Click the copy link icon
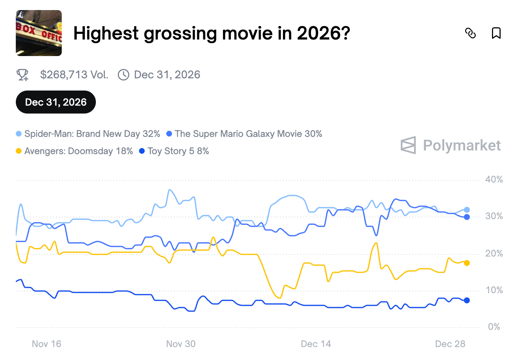(470, 33)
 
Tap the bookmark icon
(496, 33)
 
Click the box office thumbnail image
(39, 33)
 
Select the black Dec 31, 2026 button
(56, 102)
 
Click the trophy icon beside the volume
(23, 75)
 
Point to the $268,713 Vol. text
(74, 75)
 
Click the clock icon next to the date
(124, 75)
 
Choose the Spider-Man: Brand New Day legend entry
(88, 134)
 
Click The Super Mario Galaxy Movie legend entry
(244, 134)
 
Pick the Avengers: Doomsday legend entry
(75, 151)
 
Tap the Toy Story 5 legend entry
(174, 151)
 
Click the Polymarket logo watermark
(451, 146)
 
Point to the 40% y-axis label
(494, 180)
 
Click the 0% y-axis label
(494, 327)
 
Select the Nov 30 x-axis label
(181, 344)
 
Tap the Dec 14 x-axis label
(316, 344)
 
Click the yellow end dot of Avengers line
(467, 263)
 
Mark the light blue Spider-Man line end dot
(467, 210)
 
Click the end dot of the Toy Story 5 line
(467, 300)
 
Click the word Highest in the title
(106, 33)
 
